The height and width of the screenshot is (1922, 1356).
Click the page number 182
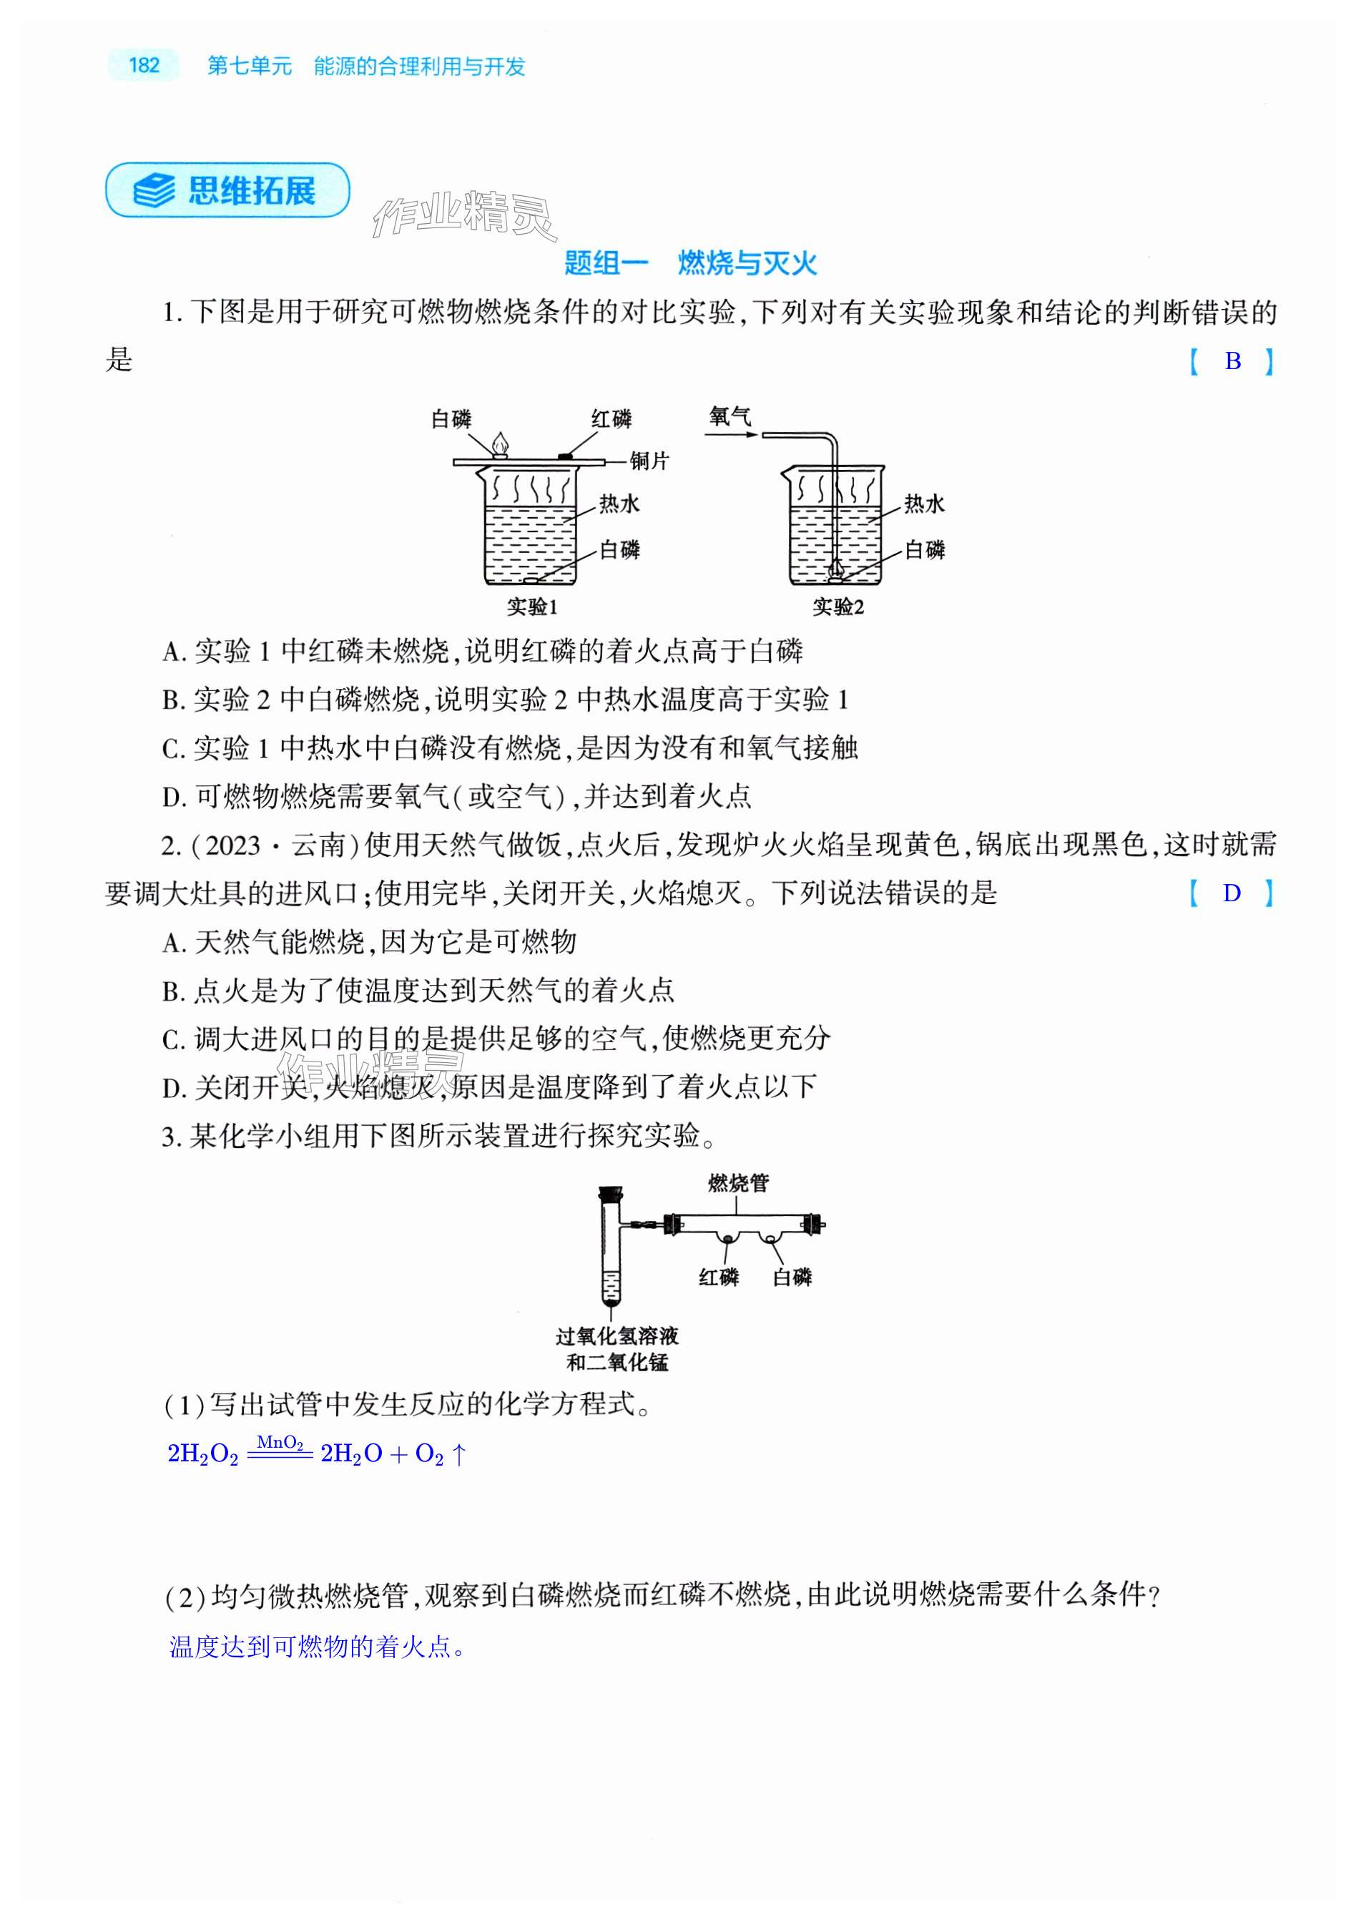point(144,65)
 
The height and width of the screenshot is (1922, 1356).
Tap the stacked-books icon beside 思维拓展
point(154,191)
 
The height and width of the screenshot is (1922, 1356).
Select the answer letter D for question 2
point(1232,893)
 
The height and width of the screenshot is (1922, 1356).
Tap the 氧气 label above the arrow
point(730,416)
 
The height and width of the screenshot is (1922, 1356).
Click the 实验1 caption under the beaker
point(531,606)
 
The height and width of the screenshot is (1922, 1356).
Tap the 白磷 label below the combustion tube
point(792,1277)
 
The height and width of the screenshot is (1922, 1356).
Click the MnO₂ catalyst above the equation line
point(280,1441)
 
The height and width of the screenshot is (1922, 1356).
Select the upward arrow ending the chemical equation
point(458,1454)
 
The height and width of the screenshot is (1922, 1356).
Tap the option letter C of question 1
point(172,748)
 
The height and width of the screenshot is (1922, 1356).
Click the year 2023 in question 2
point(232,845)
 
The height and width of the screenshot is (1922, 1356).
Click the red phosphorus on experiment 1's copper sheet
point(566,456)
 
